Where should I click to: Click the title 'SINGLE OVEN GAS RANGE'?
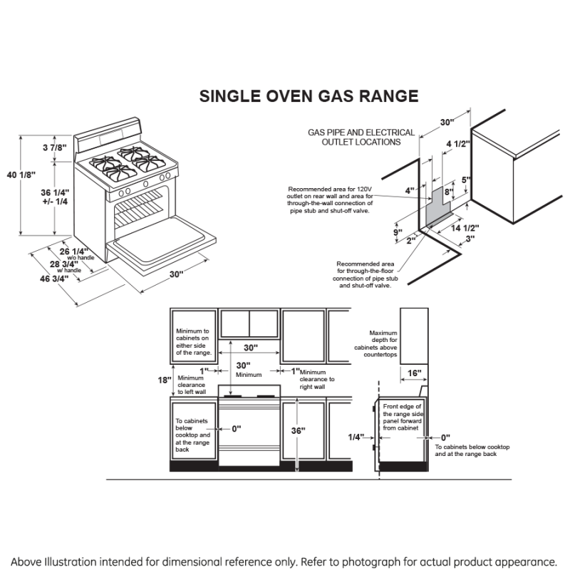pyautogui.click(x=308, y=96)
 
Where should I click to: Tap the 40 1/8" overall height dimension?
pyautogui.click(x=20, y=174)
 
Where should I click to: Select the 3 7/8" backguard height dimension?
pyautogui.click(x=54, y=147)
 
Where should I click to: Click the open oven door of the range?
pyautogui.click(x=162, y=245)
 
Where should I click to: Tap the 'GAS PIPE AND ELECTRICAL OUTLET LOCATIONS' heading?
pyautogui.click(x=361, y=137)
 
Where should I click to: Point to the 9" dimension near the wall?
pyautogui.click(x=397, y=232)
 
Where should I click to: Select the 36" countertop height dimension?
pyautogui.click(x=298, y=430)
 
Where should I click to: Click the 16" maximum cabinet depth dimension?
pyautogui.click(x=415, y=373)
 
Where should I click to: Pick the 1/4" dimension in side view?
pyautogui.click(x=356, y=437)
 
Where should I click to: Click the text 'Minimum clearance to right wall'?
pyautogui.click(x=317, y=380)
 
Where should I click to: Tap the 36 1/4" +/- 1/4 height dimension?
pyautogui.click(x=54, y=197)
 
